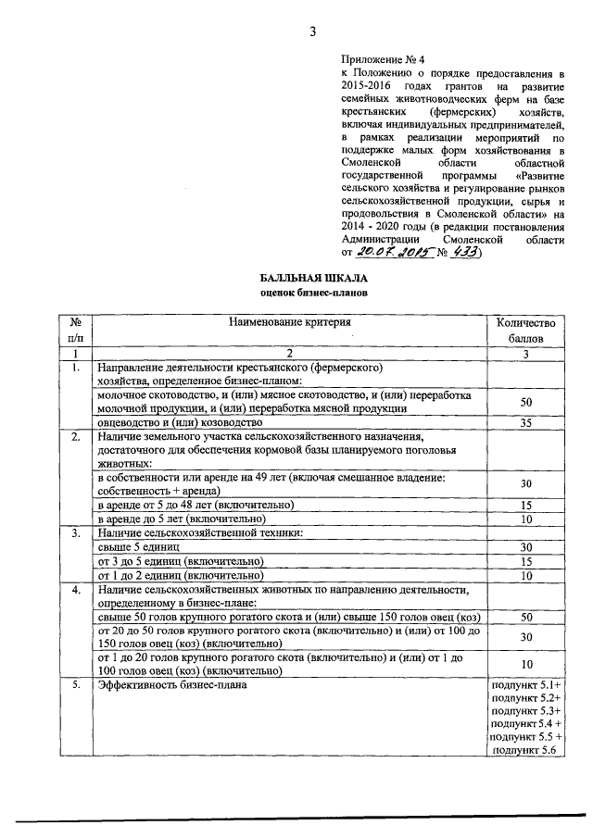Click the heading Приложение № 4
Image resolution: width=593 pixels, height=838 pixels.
(x=379, y=56)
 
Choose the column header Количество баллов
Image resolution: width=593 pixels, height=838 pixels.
(x=525, y=331)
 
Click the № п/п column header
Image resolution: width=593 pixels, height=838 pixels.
(x=73, y=331)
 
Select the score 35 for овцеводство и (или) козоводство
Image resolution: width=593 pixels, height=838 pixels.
(x=525, y=423)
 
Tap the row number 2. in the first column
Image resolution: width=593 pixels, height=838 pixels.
(x=73, y=436)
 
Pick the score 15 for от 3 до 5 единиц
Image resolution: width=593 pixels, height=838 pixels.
(x=525, y=561)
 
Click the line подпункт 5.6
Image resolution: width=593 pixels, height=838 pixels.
(x=524, y=750)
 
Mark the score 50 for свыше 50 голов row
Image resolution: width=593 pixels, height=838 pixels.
(x=525, y=617)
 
